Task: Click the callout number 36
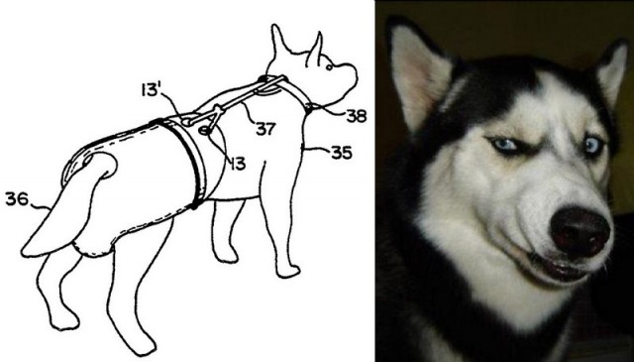(17, 198)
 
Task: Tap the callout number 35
(342, 153)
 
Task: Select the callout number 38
(357, 116)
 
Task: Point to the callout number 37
(265, 129)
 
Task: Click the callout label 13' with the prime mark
(150, 90)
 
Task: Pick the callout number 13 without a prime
(238, 164)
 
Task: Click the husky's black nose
(580, 232)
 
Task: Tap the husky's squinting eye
(504, 146)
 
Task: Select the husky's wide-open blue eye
(593, 146)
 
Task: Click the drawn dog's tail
(68, 206)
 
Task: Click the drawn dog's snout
(347, 77)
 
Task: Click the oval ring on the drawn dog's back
(205, 130)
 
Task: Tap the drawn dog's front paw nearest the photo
(288, 271)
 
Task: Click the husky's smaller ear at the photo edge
(612, 72)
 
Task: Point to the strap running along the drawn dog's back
(231, 101)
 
